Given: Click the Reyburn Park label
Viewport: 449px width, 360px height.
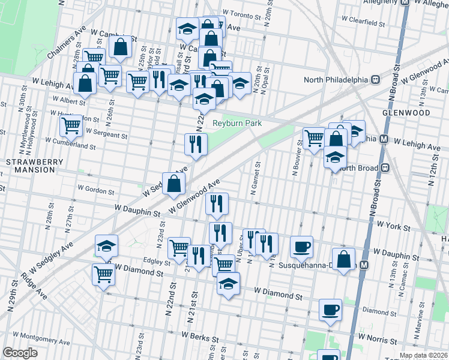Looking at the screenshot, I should click(x=238, y=124).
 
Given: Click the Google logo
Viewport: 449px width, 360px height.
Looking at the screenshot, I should click(x=20, y=352).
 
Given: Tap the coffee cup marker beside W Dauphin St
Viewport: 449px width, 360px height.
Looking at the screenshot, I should click(x=301, y=246).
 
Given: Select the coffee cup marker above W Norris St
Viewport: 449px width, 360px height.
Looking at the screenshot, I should click(x=330, y=310).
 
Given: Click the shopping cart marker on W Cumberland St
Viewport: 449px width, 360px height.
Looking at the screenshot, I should click(x=71, y=125).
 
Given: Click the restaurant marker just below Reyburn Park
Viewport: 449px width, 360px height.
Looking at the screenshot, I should click(x=196, y=144).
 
